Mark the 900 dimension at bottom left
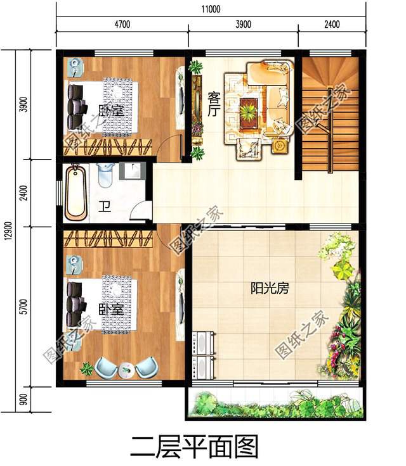[x=23, y=400]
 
